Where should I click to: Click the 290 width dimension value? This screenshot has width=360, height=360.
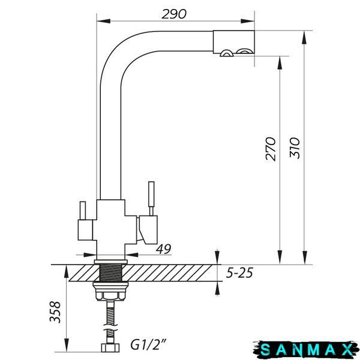coord(174,14)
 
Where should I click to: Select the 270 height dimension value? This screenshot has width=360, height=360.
coord(271,149)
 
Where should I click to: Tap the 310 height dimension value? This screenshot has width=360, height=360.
coord(295,148)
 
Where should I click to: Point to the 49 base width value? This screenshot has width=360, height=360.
coord(163,249)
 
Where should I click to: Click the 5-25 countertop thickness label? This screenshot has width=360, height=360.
coord(239,273)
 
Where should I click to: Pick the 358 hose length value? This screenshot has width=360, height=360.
coord(55,312)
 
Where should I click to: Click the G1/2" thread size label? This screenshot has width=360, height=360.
coord(148,344)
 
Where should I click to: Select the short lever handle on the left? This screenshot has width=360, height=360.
coord(83,211)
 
